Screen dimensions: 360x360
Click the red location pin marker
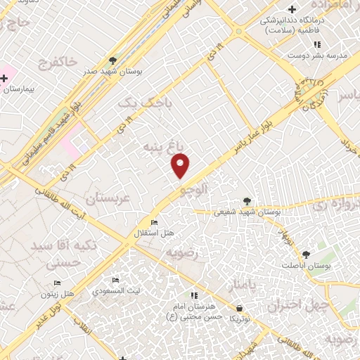[x=181, y=166]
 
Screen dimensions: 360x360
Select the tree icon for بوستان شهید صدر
[x=114, y=60]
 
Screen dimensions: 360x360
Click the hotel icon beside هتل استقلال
[x=154, y=222]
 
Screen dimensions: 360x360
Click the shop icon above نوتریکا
[x=239, y=308]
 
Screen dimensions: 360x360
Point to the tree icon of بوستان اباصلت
[x=306, y=255]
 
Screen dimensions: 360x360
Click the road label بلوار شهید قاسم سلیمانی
[x=49, y=134]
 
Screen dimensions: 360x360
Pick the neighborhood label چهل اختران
[x=307, y=306]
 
